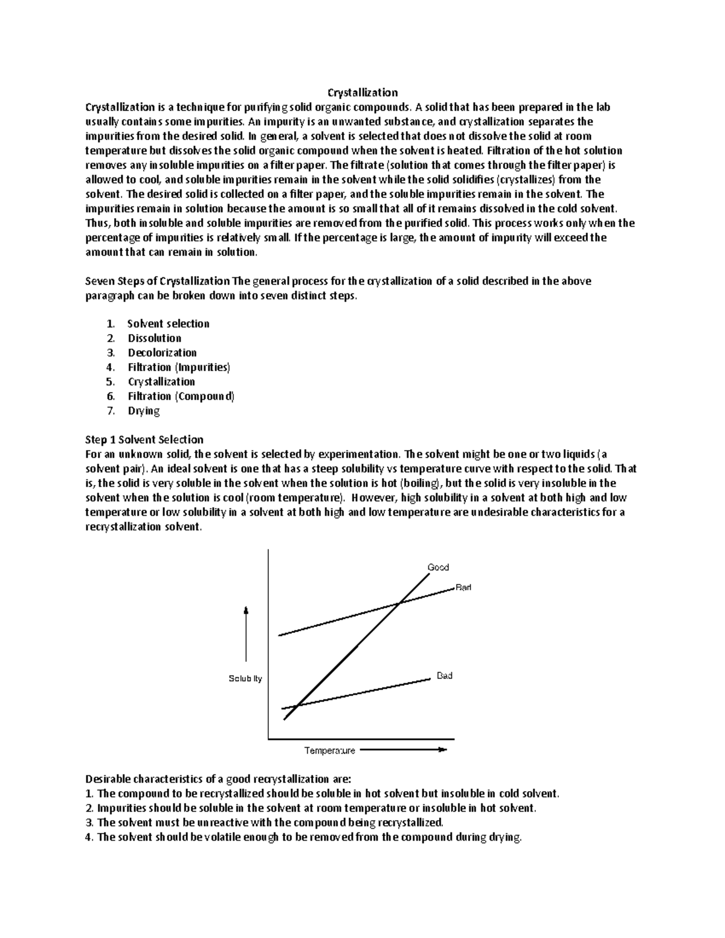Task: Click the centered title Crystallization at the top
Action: (362, 92)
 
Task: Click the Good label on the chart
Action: (438, 567)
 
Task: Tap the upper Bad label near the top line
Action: (463, 587)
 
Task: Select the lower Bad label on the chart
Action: (445, 676)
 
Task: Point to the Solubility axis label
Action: (245, 679)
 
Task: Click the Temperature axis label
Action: (329, 751)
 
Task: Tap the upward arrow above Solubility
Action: (246, 634)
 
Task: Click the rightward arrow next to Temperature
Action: (403, 750)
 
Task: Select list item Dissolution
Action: (154, 338)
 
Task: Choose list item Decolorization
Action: (162, 353)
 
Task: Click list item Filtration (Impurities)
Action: (179, 367)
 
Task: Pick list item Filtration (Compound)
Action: (181, 396)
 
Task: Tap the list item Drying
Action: (144, 411)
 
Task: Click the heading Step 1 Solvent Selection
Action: (144, 440)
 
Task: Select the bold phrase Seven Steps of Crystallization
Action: (158, 281)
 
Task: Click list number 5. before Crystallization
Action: (110, 382)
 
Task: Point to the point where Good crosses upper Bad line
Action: (399, 602)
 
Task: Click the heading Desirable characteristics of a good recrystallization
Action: (217, 779)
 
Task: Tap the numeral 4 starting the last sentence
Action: (89, 837)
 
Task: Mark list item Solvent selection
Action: (168, 324)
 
